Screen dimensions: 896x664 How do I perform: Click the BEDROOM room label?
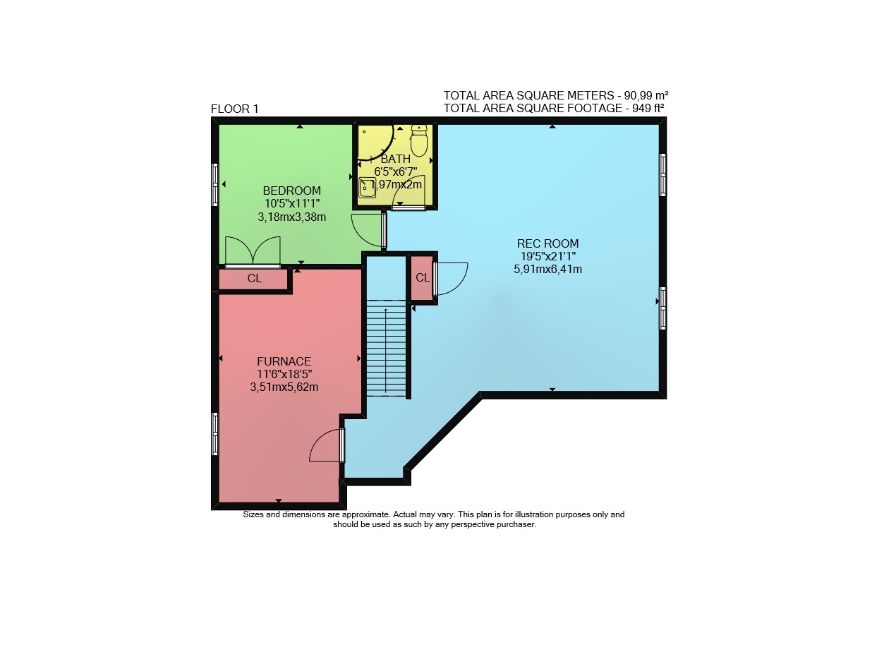tap(291, 191)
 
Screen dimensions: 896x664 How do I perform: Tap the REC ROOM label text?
tap(547, 243)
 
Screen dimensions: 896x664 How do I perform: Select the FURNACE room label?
tap(284, 361)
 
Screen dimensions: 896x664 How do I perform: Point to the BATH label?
tap(396, 159)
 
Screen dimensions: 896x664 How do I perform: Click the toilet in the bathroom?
tap(419, 140)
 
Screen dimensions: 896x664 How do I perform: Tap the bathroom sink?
tap(367, 188)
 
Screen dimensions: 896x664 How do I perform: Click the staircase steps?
tap(386, 348)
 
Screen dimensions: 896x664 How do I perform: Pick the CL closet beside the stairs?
tap(423, 277)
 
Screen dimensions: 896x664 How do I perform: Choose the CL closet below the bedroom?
tap(254, 279)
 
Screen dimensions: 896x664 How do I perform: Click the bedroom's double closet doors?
tap(253, 251)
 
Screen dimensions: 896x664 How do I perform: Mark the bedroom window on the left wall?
tap(215, 185)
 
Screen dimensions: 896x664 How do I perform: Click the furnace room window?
tap(215, 434)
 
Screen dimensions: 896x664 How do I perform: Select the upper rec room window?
tap(663, 174)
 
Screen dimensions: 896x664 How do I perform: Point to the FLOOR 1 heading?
tap(234, 109)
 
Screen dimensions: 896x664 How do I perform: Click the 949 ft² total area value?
tap(644, 108)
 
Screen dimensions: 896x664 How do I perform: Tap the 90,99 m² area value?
tap(646, 95)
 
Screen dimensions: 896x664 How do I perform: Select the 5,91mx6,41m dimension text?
tap(547, 269)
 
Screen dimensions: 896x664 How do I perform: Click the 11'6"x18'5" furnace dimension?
tap(284, 374)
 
